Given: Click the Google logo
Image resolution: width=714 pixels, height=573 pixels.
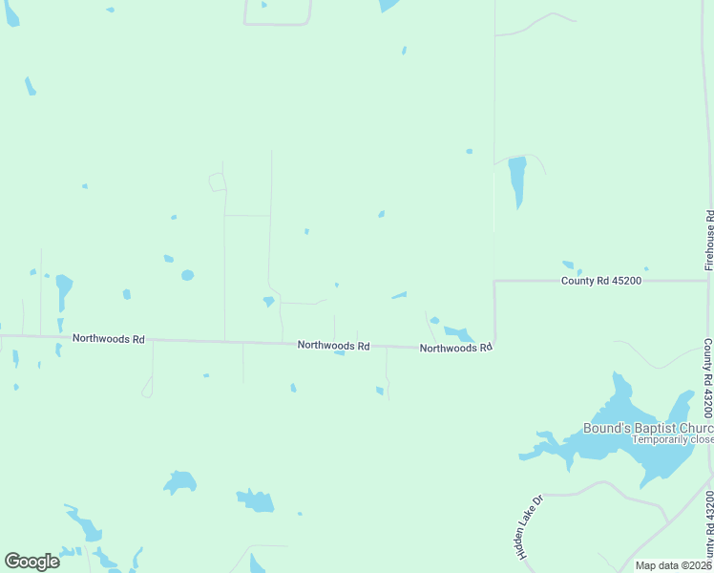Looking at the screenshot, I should coord(31,562).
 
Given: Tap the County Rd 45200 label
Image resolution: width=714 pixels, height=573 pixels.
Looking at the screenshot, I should coord(600,281).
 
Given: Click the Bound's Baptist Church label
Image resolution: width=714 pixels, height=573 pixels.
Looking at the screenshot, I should coord(648,428).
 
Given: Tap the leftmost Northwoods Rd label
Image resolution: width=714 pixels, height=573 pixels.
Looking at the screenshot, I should coord(109,339).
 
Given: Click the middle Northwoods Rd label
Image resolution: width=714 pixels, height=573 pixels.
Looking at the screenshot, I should coord(333,346).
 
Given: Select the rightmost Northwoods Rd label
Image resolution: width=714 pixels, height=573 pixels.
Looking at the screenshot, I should coord(455,349).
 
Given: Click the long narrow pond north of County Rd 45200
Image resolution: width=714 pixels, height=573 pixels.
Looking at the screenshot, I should coord(517,180).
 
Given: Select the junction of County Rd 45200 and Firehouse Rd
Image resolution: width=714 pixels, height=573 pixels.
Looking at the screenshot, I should coord(707,281).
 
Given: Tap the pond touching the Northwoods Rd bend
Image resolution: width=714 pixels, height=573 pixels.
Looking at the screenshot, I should coord(458,333).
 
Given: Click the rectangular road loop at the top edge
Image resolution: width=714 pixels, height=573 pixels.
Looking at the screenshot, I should coord(278,13).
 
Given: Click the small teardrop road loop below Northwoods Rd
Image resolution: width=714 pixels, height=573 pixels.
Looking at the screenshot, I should coord(147,387).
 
